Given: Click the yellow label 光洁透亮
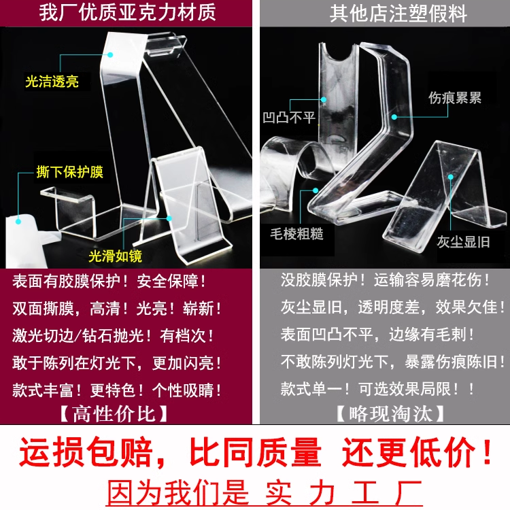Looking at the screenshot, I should tap(52, 82).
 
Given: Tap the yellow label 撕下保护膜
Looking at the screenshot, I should tap(70, 172).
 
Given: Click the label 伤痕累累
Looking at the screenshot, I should tap(455, 98).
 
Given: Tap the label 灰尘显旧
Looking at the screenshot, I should tap(462, 242).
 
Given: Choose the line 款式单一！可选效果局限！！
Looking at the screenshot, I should tap(378, 390).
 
